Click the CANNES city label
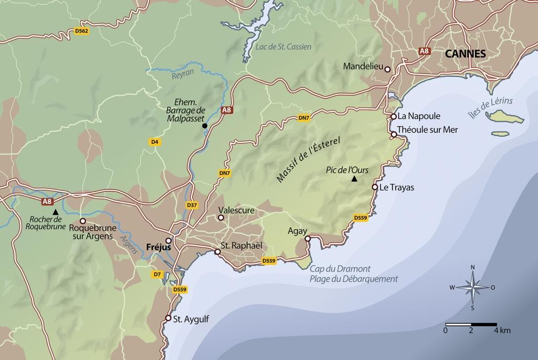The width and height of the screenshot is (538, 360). tap(465, 54)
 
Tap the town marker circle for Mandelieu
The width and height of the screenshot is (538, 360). tap(387, 69)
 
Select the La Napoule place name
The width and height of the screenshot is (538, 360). tap(419, 116)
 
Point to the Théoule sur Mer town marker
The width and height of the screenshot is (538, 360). tap(394, 135)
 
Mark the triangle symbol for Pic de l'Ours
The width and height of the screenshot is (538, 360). tap(354, 180)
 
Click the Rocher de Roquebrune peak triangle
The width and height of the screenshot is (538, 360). tap(55, 211)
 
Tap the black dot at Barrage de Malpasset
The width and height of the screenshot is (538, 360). tap(204, 126)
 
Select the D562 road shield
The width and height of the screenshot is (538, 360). tap(82, 32)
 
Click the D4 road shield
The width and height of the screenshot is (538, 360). tap(154, 142)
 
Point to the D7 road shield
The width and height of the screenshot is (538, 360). tap(157, 274)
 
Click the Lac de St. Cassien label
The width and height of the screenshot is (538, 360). tap(283, 47)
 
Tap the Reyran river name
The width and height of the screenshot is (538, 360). tap(183, 75)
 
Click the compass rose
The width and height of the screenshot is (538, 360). tap(472, 287)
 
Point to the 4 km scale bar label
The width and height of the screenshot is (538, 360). tap(502, 331)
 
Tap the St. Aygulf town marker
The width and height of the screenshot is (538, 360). tap(168, 318)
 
